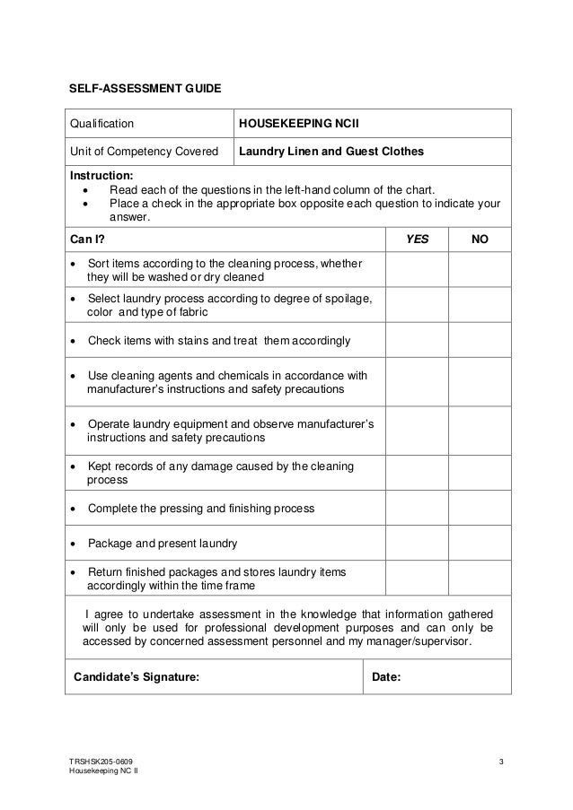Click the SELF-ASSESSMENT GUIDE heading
pyautogui.click(x=145, y=90)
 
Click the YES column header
pyautogui.click(x=418, y=240)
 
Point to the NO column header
pyautogui.click(x=480, y=240)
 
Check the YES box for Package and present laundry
pyautogui.click(x=418, y=543)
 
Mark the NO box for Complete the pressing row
pyautogui.click(x=480, y=508)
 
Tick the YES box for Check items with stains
pyautogui.click(x=418, y=341)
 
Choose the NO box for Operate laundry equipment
pyautogui.click(x=480, y=431)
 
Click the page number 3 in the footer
pyautogui.click(x=502, y=762)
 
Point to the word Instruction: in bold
pyautogui.click(x=101, y=176)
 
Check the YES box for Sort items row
pyautogui.click(x=418, y=269)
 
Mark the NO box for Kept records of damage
pyautogui.click(x=480, y=473)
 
